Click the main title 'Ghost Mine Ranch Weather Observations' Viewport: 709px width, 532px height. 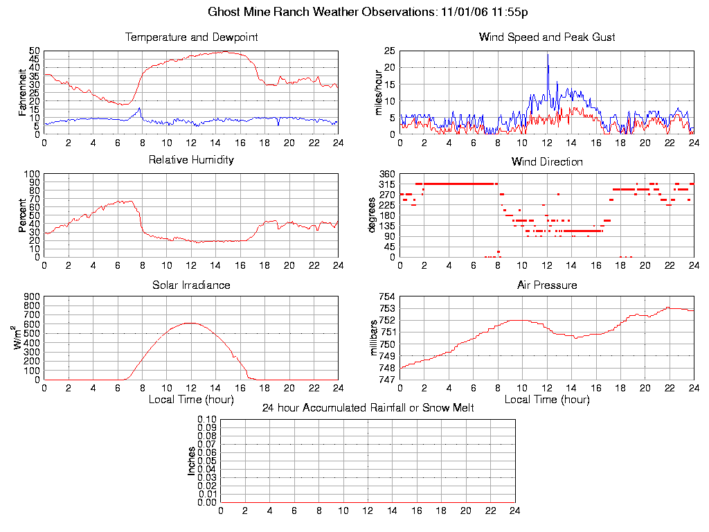click(x=322, y=12)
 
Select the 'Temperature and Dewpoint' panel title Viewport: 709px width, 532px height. click(x=191, y=37)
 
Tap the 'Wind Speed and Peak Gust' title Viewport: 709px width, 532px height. click(x=547, y=37)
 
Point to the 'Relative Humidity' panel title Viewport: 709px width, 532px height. click(x=191, y=160)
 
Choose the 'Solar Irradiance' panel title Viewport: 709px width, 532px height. click(x=191, y=285)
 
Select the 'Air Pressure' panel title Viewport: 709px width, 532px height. click(x=547, y=285)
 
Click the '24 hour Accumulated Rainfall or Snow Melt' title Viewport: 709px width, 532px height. click(x=368, y=408)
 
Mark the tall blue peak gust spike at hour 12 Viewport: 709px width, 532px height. click(x=548, y=55)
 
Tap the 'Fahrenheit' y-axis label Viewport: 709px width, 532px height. click(x=22, y=92)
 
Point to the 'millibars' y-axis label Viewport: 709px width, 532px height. click(x=375, y=338)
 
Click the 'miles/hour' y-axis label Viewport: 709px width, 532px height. click(x=379, y=92)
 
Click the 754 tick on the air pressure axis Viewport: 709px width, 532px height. click(x=386, y=297)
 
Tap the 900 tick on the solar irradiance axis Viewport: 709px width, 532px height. click(x=31, y=297)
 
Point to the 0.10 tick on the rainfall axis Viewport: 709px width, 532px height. click(x=207, y=420)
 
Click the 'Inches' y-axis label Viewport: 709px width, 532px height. click(x=192, y=461)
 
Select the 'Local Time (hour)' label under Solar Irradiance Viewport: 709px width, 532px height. click(x=191, y=400)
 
